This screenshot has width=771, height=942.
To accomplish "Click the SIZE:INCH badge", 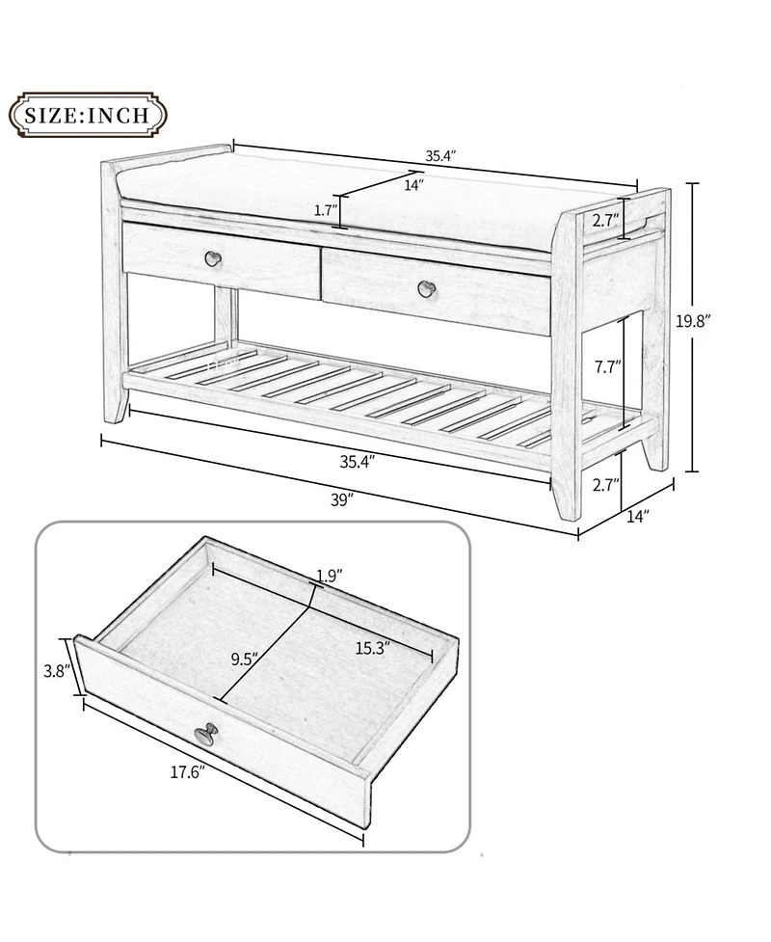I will pos(87,117).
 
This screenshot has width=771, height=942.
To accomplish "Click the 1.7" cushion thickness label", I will pos(325,209).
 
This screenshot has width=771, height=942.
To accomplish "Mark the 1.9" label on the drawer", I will pos(330,577).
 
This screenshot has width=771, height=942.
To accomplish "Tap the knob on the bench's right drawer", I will pos(426,287).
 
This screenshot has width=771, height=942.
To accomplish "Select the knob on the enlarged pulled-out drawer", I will pos(205,736).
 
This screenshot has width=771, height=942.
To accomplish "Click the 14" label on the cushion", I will pos(414,186).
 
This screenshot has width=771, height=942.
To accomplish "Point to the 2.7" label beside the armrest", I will pos(605,220).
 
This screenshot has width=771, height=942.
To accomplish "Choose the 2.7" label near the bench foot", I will pos(605,484).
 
